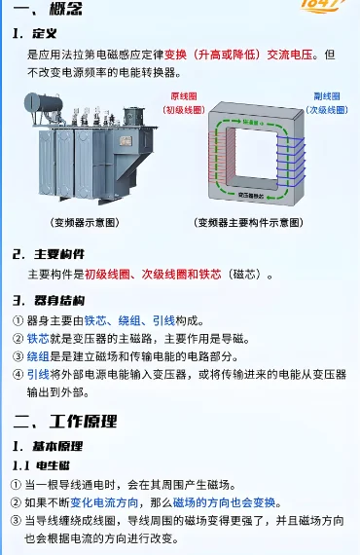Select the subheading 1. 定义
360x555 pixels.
pos(36,34)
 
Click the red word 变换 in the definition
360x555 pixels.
pos(175,55)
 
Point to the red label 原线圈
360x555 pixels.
pos(183,98)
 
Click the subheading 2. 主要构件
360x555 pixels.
pos(48,255)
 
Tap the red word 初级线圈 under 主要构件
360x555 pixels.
pos(107,276)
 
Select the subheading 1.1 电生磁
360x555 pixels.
pos(39,465)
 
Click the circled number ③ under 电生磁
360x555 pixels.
pos(17,522)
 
